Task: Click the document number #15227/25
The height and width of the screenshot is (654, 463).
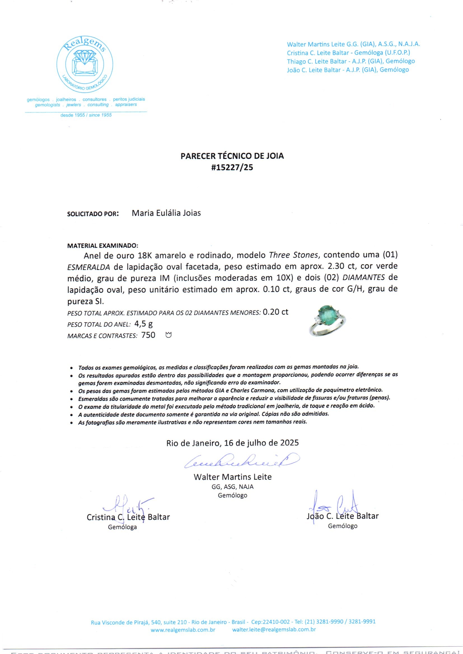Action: [x=232, y=167]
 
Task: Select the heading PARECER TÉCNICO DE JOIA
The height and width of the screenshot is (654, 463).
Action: [x=232, y=156]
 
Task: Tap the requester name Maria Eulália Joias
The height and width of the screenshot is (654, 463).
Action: [x=166, y=213]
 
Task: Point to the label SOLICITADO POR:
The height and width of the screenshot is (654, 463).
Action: [x=93, y=214]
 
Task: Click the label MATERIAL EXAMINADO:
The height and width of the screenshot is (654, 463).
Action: [x=103, y=245]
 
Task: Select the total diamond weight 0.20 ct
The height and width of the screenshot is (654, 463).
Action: [x=275, y=312]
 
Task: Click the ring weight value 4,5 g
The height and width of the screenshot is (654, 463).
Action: [x=145, y=324]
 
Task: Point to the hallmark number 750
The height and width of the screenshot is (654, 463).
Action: [x=148, y=335]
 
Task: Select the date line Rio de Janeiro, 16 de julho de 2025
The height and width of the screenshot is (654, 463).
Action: [x=232, y=443]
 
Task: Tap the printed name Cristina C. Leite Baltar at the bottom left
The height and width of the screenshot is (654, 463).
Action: [x=128, y=517]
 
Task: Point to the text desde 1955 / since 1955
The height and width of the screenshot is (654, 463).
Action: [x=86, y=115]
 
